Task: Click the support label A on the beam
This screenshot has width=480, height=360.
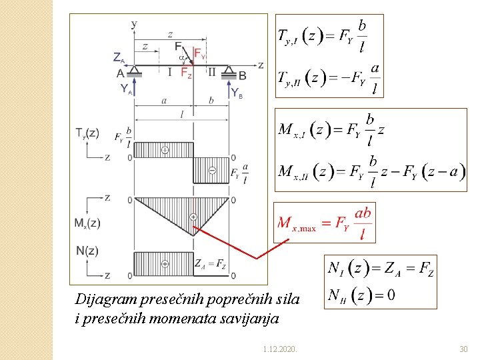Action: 121,74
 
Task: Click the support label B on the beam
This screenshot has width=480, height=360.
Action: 243,75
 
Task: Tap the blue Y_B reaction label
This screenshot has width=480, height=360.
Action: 237,93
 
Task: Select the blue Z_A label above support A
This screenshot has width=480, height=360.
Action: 119,57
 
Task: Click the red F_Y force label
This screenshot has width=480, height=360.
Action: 199,53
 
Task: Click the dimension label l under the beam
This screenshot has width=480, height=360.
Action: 182,113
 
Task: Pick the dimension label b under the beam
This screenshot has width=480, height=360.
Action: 211,101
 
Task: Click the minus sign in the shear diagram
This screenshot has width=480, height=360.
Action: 212,170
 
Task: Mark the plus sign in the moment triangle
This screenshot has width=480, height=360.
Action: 193,217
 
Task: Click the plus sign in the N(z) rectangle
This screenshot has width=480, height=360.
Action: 165,264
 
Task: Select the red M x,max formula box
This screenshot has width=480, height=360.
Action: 325,223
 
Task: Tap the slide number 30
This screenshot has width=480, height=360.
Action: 463,349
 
